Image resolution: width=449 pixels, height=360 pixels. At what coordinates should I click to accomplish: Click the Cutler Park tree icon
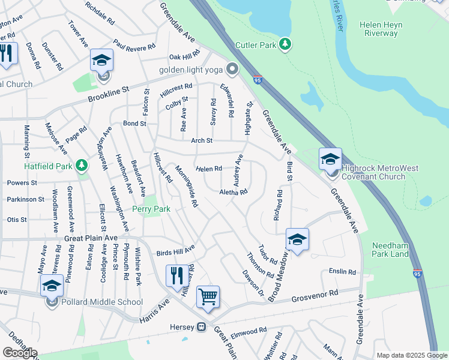point(286,44)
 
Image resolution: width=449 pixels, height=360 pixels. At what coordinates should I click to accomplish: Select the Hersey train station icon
point(202,327)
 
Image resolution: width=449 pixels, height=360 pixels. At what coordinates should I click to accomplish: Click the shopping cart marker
point(208,296)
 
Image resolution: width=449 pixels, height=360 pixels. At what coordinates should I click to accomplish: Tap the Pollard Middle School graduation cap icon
point(52,286)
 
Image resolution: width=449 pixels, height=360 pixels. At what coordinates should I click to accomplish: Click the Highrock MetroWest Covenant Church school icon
point(330,160)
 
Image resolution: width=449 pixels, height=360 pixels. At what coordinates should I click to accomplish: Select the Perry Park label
point(151,209)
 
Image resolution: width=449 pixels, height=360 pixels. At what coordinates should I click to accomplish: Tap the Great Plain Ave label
point(91,238)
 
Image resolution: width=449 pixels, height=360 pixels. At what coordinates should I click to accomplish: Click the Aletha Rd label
point(234,192)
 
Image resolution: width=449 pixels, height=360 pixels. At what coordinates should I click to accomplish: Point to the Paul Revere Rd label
point(134,46)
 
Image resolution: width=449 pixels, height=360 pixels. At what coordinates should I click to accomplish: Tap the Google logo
point(20,352)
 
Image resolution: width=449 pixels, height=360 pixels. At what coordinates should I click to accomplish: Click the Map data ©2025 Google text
point(411,355)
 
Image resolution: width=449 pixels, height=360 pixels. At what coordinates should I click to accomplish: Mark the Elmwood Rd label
point(249,331)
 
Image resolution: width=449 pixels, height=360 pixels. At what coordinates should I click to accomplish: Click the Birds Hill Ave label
point(175,249)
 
